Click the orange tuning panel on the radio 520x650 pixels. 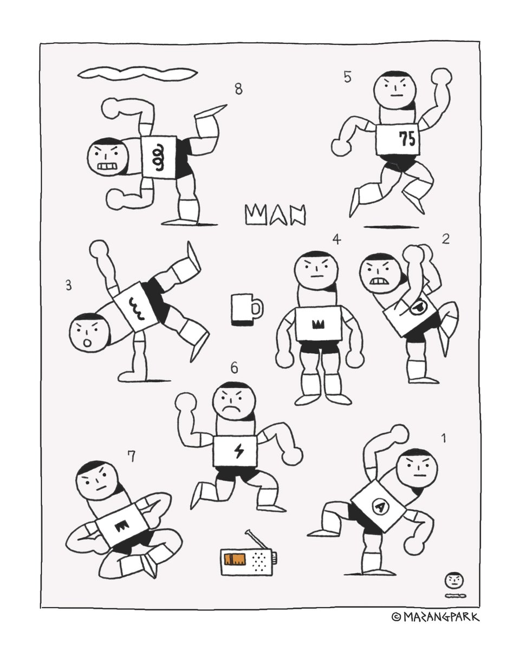point(234,558)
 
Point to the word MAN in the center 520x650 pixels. point(275,214)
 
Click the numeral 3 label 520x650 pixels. point(69,285)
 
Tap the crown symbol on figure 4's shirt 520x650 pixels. point(317,325)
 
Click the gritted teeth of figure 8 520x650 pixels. point(107,166)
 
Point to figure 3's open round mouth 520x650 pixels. point(88,343)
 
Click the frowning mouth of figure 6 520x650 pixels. point(231,409)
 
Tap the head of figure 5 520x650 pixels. point(395,89)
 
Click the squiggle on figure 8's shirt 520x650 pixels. point(159,157)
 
